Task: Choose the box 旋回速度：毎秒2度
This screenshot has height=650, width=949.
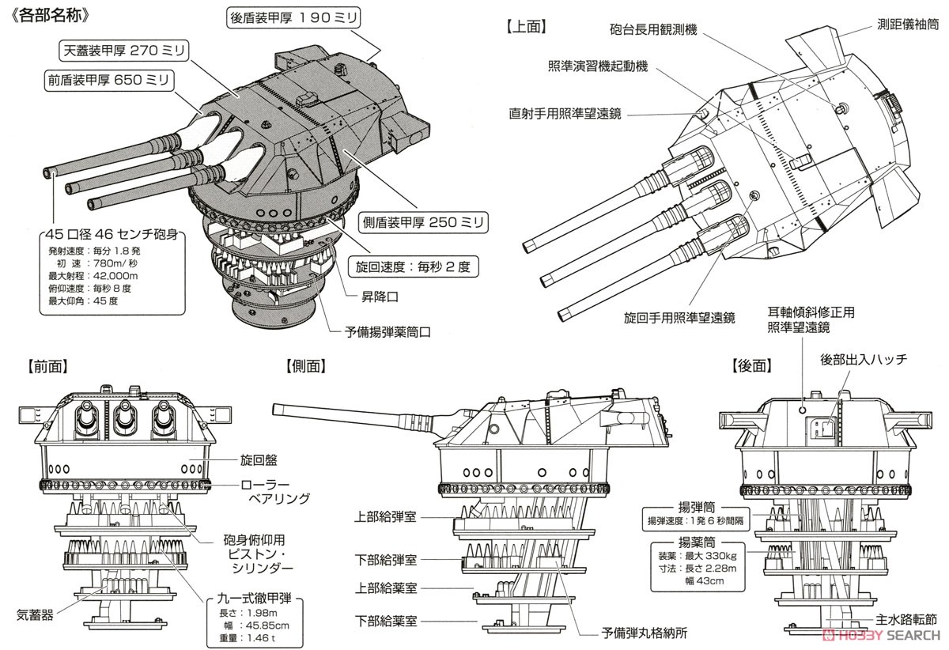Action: click(412, 266)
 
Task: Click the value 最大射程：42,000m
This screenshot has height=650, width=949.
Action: click(93, 275)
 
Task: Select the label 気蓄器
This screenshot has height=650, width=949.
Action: click(38, 614)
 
